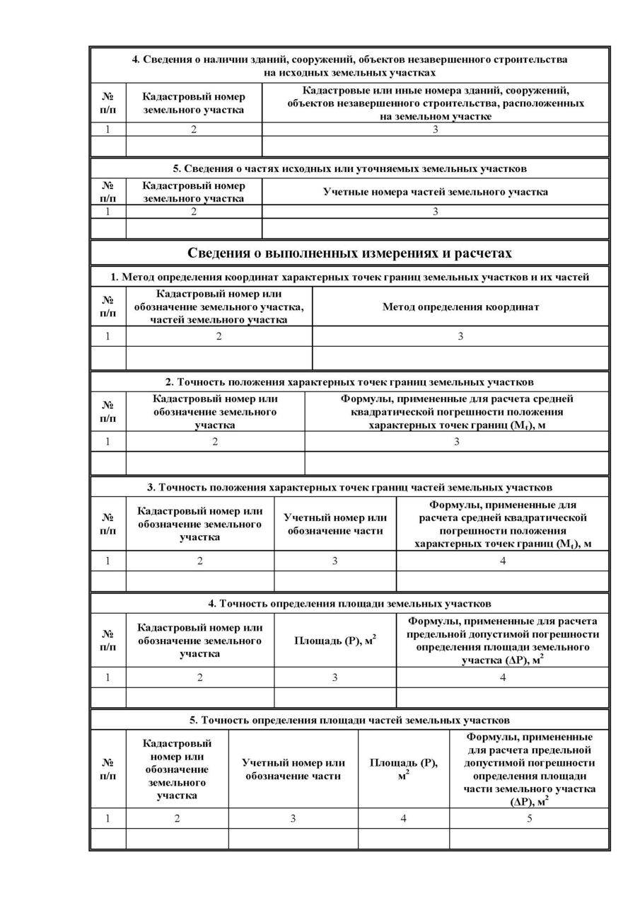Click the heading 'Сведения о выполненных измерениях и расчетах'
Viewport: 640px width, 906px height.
350,253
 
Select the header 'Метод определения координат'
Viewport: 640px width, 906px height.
460,306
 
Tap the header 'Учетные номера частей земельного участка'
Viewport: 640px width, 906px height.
435,192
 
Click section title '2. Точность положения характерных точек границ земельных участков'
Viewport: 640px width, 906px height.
350,382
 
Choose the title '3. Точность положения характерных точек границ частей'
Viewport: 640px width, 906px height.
350,487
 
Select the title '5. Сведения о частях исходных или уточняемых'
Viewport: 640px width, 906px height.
350,168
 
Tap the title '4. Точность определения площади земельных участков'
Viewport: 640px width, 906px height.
350,603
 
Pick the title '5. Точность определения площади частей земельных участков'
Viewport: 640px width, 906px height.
350,720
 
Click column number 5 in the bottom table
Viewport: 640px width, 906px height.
529,818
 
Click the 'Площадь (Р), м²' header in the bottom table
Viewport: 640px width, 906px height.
403,767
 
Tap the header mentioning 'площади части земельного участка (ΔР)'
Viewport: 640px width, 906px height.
529,769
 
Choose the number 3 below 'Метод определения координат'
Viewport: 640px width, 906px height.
460,336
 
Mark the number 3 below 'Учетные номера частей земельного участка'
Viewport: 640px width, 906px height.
435,212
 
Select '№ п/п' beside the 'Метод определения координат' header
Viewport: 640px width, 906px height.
108,306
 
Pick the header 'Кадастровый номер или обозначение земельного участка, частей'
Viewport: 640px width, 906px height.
219,306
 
